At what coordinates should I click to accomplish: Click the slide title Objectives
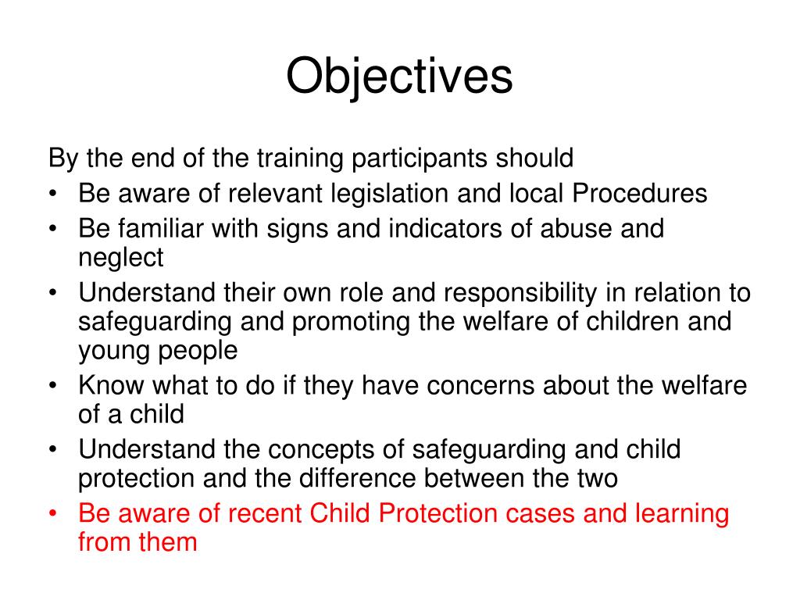(x=399, y=77)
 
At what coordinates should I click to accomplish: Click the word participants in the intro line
(x=416, y=159)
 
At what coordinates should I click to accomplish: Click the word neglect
(x=121, y=257)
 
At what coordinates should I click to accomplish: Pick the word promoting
(x=347, y=321)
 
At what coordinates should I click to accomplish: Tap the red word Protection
(x=434, y=513)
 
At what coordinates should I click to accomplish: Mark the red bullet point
(x=53, y=514)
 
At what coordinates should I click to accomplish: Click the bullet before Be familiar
(x=53, y=230)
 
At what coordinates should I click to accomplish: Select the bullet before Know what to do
(x=53, y=386)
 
